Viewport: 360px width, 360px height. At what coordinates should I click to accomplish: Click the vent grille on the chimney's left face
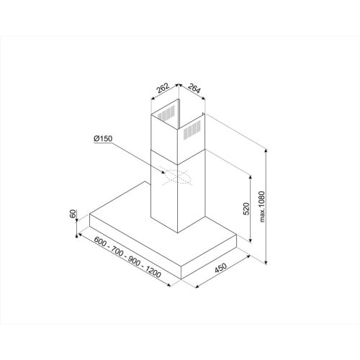(166, 114)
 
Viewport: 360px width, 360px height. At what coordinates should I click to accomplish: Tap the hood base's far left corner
(90, 214)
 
